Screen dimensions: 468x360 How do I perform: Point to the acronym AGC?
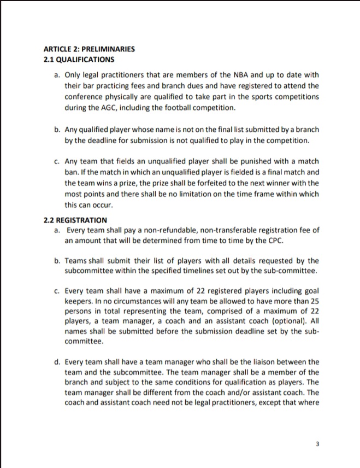(107, 107)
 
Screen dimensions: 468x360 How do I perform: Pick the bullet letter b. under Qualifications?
(57, 130)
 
